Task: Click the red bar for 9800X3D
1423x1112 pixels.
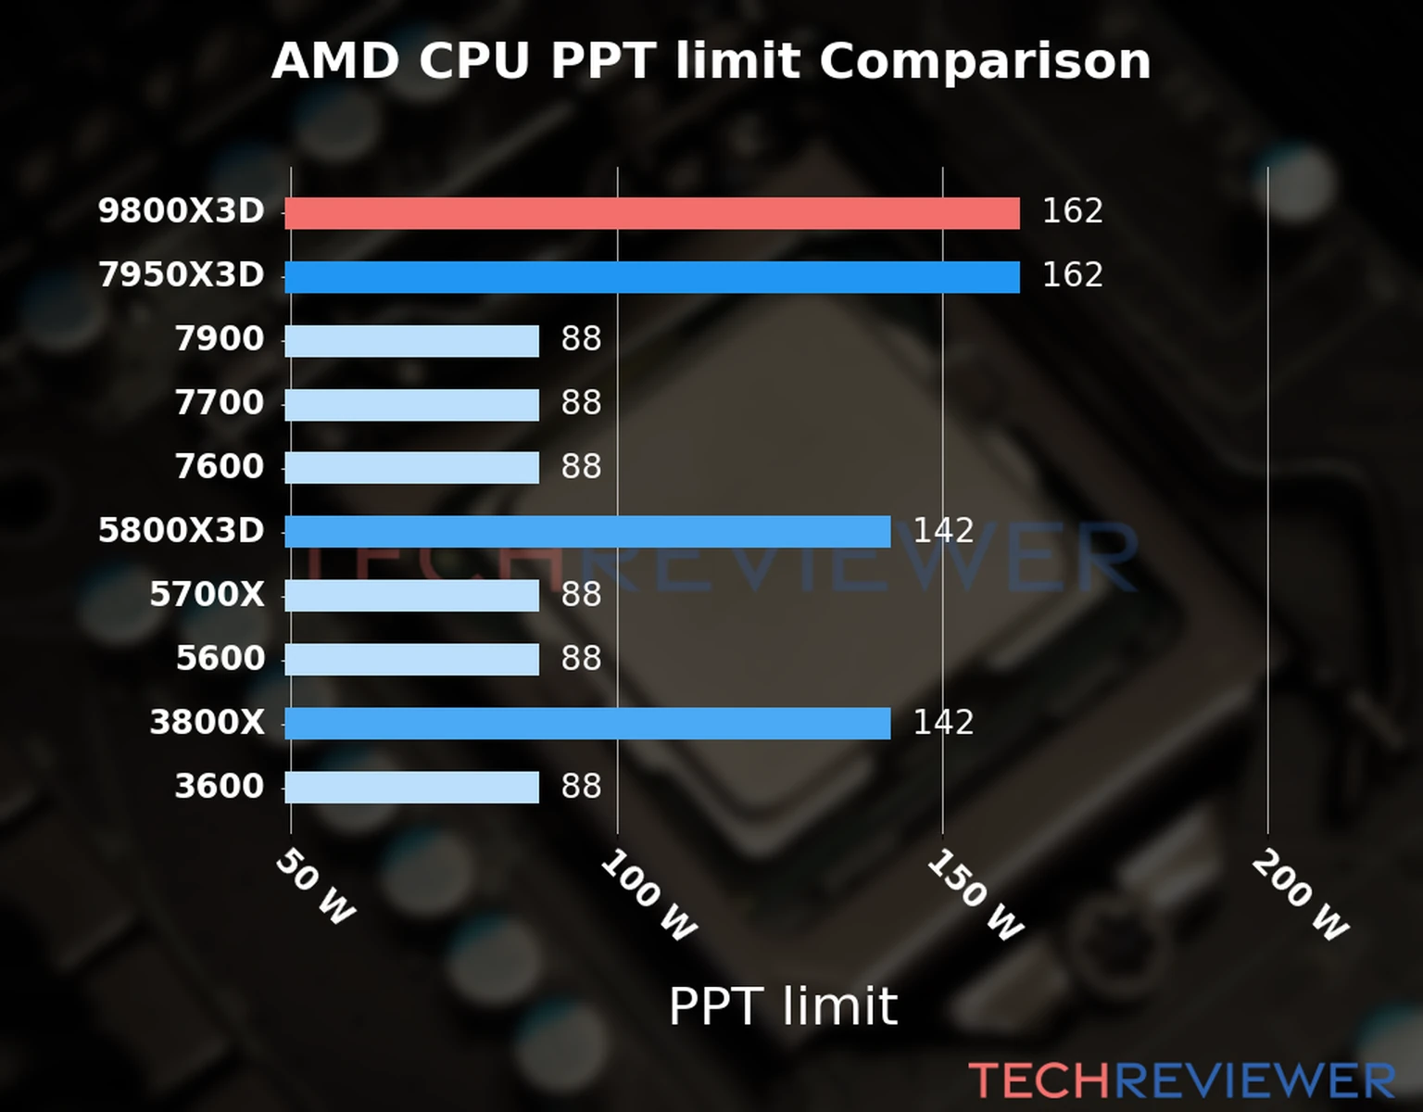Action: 651,213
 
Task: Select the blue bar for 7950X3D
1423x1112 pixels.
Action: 651,277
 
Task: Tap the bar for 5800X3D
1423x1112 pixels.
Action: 587,532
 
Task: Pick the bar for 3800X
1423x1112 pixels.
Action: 587,724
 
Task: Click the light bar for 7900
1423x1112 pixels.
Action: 411,341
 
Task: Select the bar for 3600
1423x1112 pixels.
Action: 411,788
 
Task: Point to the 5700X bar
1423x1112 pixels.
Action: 411,596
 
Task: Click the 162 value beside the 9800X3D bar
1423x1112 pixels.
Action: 1072,211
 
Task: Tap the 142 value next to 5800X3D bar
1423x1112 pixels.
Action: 943,531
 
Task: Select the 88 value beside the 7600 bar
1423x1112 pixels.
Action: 581,467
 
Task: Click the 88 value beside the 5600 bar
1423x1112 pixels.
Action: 581,659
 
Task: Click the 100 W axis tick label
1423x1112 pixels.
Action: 649,896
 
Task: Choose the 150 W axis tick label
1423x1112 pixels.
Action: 975,896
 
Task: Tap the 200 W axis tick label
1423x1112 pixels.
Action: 1300,896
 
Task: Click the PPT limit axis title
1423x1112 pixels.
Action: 783,1006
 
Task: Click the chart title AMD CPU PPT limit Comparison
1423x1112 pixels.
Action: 711,61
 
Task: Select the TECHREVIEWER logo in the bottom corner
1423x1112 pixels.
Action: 1181,1081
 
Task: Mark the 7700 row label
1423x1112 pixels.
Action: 220,403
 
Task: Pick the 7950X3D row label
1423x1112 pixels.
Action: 182,275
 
